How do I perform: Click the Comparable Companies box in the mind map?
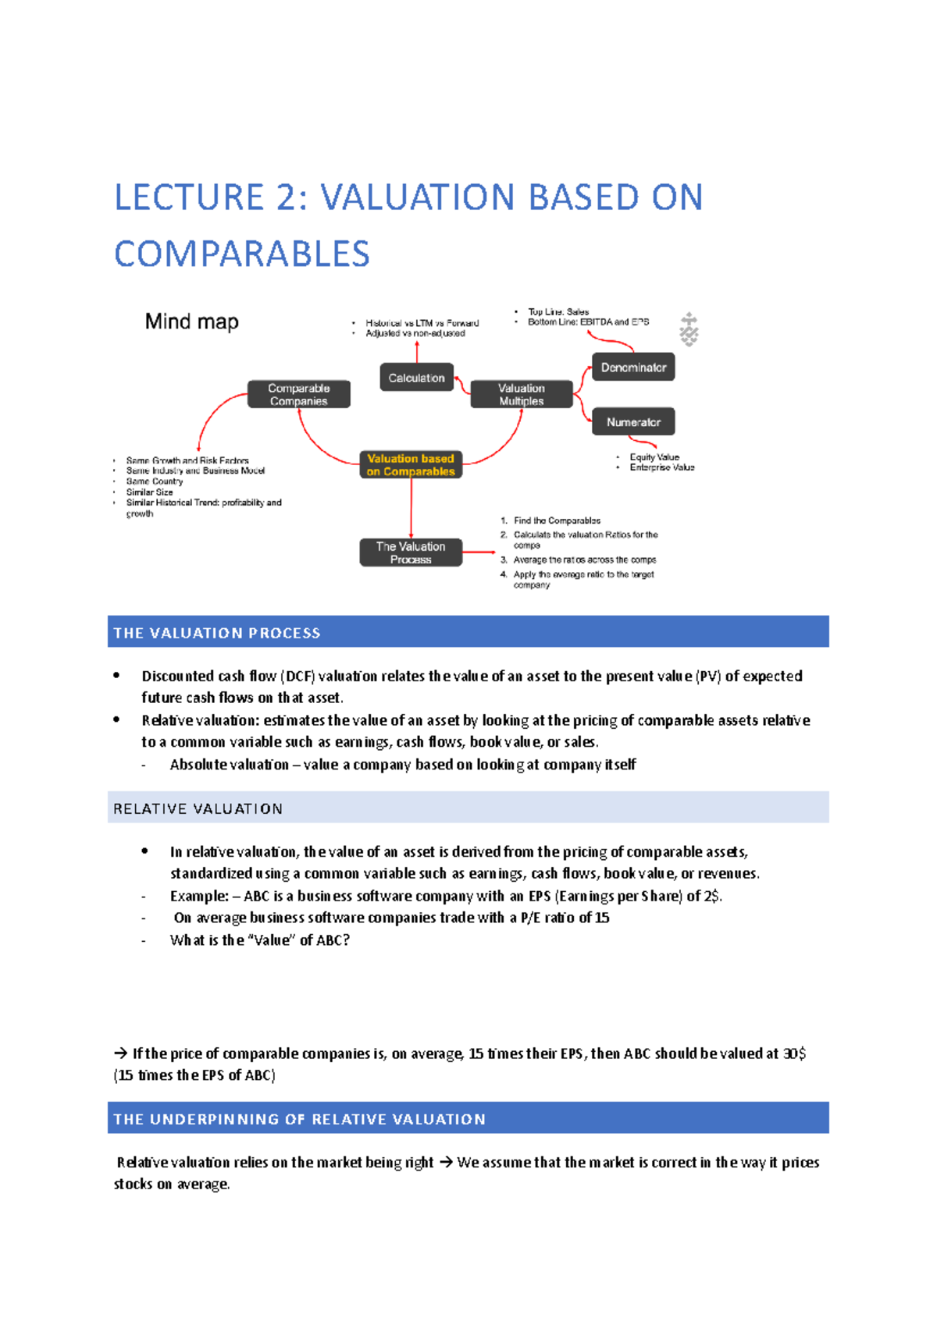tap(298, 394)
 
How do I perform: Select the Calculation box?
tap(416, 378)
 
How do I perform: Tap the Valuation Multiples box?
tap(521, 394)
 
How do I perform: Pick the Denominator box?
tap(632, 367)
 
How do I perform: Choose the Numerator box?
tap(632, 422)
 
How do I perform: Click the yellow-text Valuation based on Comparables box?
tap(411, 465)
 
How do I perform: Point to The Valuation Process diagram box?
tap(411, 552)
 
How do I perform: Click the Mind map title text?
tap(191, 321)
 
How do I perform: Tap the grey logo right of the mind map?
tap(688, 329)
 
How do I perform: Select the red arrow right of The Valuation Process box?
tap(479, 552)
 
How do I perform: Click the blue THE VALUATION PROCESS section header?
tap(468, 632)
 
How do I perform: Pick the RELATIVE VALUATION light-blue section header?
tap(468, 808)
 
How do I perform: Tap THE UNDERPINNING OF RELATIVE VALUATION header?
tap(468, 1118)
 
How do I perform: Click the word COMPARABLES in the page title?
tap(242, 254)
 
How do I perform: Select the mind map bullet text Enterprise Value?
tap(661, 467)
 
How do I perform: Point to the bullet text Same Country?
tap(155, 481)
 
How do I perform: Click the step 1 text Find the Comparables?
tap(557, 520)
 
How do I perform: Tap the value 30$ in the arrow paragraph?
tap(795, 1053)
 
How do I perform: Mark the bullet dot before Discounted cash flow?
tap(116, 675)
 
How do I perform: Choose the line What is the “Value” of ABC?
tap(259, 940)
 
